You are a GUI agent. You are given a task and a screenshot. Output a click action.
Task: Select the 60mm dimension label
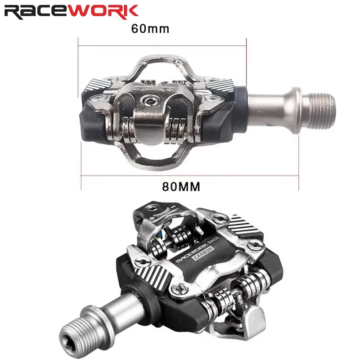point(150,29)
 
